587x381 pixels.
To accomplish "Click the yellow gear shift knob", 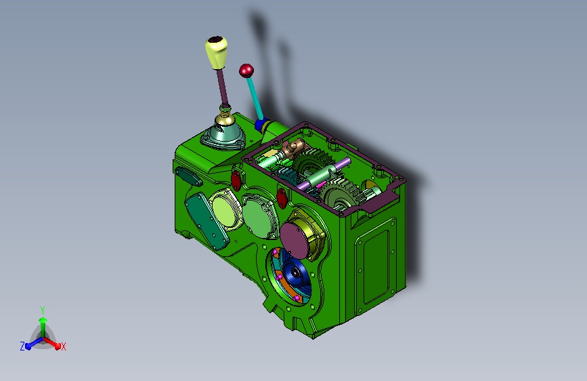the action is [x=216, y=52].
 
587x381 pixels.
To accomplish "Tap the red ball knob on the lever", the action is [x=246, y=71].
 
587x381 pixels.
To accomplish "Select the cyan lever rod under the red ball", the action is [x=255, y=98].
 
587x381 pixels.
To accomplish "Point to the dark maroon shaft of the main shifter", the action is [x=222, y=87].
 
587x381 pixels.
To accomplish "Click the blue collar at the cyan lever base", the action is [x=262, y=125].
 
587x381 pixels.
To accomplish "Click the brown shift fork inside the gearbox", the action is [x=295, y=147].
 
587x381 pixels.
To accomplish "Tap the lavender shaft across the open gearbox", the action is [x=324, y=174].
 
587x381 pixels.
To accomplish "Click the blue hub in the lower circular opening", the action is [x=296, y=273].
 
